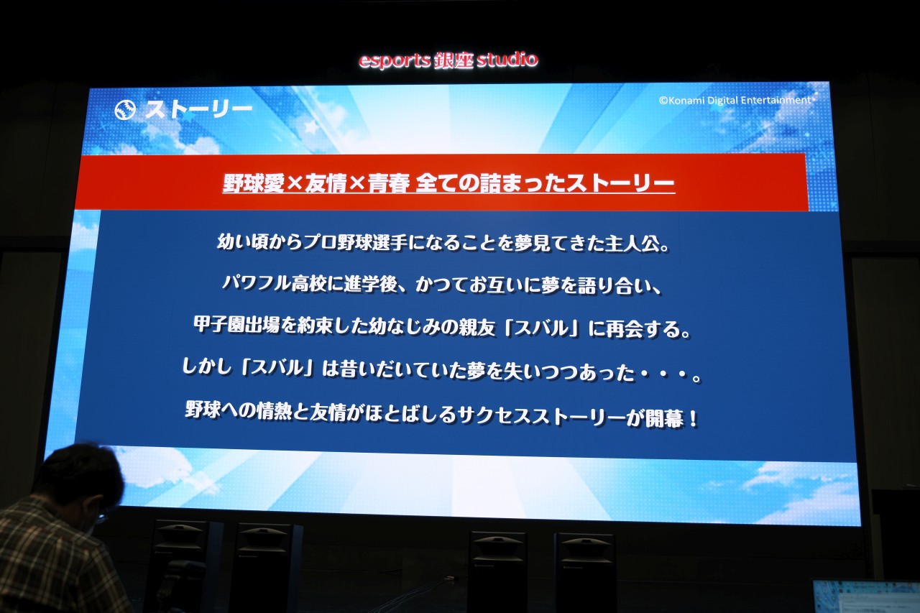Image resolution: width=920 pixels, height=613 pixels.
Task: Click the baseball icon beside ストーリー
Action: tap(125, 111)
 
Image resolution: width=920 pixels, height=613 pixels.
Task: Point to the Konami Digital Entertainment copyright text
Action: tap(735, 100)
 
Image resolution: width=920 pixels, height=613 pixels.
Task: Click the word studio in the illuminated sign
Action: tap(507, 60)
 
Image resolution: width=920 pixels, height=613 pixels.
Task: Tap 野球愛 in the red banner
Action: tap(254, 183)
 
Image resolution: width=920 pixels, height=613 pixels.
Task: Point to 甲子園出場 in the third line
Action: tap(237, 325)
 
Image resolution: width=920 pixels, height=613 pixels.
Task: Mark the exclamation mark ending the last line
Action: tap(694, 419)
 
